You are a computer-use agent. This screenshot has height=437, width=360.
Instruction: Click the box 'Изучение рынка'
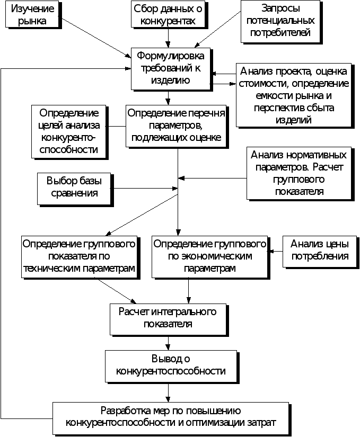(32, 14)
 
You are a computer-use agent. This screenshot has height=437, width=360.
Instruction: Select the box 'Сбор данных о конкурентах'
(168, 14)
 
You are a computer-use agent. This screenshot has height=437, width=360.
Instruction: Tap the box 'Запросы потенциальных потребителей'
(280, 21)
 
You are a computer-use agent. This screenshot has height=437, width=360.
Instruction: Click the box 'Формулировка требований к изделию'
(171, 68)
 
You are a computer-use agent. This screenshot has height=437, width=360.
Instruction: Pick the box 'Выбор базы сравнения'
(74, 189)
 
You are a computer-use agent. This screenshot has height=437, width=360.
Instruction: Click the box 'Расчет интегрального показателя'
(168, 319)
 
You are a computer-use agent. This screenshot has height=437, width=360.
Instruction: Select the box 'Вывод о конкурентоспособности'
(171, 366)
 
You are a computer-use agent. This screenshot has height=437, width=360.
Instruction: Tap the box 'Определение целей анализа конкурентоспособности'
(68, 131)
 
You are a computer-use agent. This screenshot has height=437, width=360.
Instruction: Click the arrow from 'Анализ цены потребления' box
(275, 252)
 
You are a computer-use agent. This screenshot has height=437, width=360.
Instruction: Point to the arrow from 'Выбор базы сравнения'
(144, 189)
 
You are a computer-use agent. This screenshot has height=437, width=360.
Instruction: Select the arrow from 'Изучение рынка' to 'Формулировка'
(96, 38)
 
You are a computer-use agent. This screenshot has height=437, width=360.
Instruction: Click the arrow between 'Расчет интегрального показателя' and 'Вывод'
(168, 343)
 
